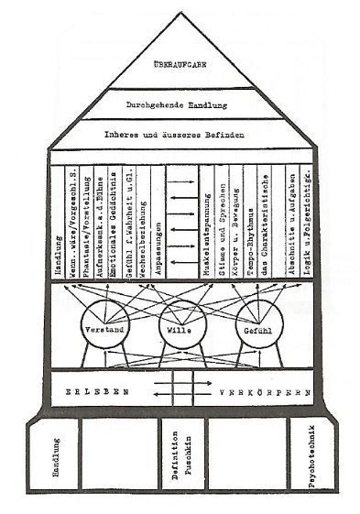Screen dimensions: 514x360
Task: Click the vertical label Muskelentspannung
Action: [197, 229]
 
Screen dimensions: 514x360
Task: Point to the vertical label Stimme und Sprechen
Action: [213, 224]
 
